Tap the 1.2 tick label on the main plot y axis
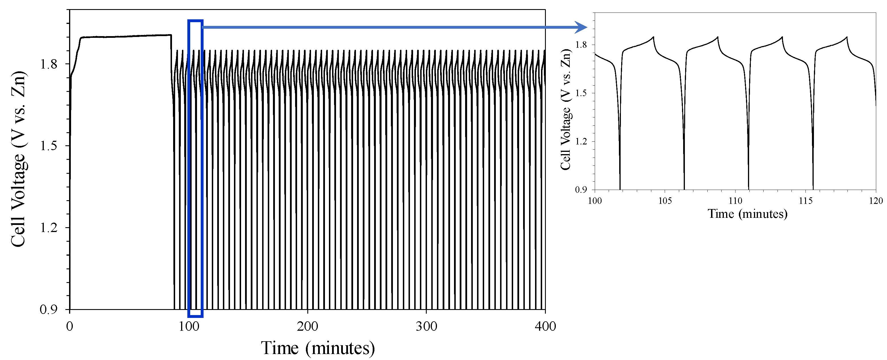49,228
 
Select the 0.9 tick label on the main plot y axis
49,309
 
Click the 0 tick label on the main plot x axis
70,326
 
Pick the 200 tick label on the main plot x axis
307,326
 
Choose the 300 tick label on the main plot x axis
426,326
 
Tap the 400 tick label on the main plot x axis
545,326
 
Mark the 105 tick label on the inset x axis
665,201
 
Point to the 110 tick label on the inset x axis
735,201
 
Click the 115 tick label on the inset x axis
805,201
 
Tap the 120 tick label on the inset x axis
876,201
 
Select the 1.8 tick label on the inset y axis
581,45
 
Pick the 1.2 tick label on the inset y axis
581,141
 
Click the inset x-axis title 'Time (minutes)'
747,214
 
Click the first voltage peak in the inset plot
653,37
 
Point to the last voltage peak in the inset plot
847,37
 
